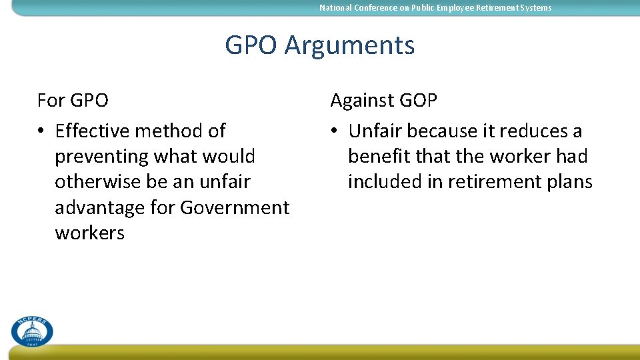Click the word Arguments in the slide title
[x=349, y=46]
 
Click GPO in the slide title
[x=251, y=45]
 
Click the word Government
[x=235, y=207]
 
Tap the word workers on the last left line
[x=89, y=233]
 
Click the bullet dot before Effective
[x=41, y=131]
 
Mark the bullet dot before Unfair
[x=335, y=131]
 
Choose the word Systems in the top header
[x=535, y=8]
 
